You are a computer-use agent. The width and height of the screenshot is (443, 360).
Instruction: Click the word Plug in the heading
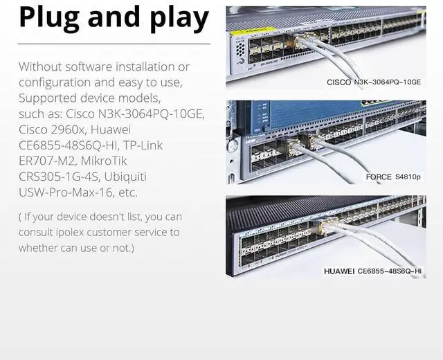47,19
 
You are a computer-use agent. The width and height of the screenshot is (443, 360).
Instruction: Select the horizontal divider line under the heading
114,44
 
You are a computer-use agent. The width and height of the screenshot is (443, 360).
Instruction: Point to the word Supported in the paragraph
48,98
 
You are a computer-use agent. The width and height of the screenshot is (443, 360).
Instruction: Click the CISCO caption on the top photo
338,82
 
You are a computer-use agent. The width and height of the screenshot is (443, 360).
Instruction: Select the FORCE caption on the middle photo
379,177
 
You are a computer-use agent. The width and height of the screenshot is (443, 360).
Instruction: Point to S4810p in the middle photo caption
408,177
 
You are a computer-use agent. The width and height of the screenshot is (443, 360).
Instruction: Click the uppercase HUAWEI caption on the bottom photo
338,271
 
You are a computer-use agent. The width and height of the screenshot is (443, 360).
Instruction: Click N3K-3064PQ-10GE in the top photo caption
388,82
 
